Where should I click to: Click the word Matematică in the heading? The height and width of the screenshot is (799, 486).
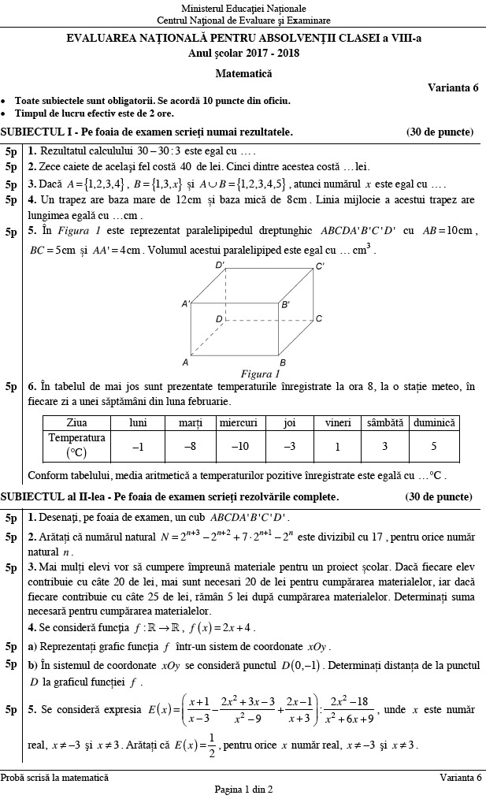(x=243, y=72)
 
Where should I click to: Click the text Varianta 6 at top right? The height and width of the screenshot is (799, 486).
(x=453, y=87)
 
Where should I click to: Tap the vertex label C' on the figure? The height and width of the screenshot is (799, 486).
(x=320, y=266)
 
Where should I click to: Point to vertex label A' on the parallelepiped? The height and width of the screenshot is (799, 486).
(x=186, y=303)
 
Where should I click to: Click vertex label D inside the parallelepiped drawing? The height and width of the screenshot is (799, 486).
(x=219, y=319)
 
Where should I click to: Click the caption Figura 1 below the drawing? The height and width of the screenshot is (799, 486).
(x=260, y=373)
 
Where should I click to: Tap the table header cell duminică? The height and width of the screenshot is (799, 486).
(x=433, y=423)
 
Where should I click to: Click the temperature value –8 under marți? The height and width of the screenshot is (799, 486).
(x=190, y=447)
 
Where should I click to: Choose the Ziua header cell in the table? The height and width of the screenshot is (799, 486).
(x=76, y=423)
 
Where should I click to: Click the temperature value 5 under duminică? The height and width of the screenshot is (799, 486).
(x=433, y=447)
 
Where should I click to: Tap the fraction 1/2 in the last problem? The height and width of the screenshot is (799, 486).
(x=207, y=745)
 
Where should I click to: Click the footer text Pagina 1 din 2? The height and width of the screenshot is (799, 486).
(x=243, y=789)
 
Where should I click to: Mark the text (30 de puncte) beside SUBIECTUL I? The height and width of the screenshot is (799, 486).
(x=439, y=132)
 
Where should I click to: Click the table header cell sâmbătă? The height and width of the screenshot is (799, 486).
(x=385, y=423)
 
